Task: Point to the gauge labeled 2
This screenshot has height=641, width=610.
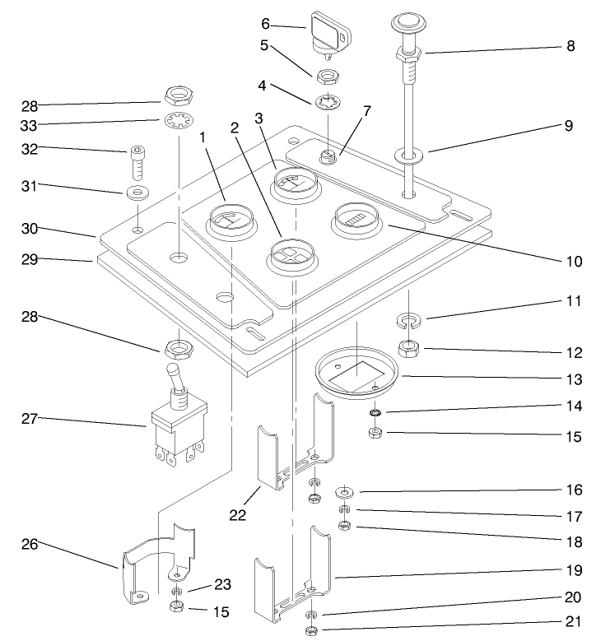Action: (x=290, y=254)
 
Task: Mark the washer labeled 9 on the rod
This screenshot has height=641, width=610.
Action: (x=408, y=154)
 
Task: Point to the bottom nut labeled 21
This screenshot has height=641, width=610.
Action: (x=311, y=631)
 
